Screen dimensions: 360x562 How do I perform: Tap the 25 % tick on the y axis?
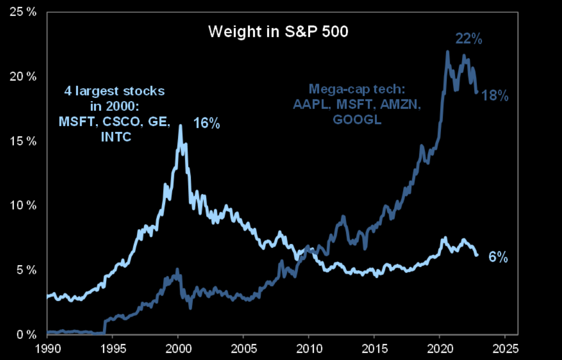24,11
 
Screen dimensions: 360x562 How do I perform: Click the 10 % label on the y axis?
24,205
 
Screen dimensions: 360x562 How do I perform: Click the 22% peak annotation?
469,39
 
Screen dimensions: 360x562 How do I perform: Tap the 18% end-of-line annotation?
495,95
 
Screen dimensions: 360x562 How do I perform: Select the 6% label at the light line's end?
497,257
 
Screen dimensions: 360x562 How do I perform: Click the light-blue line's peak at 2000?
180,125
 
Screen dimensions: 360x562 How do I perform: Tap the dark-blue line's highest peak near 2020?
448,51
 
